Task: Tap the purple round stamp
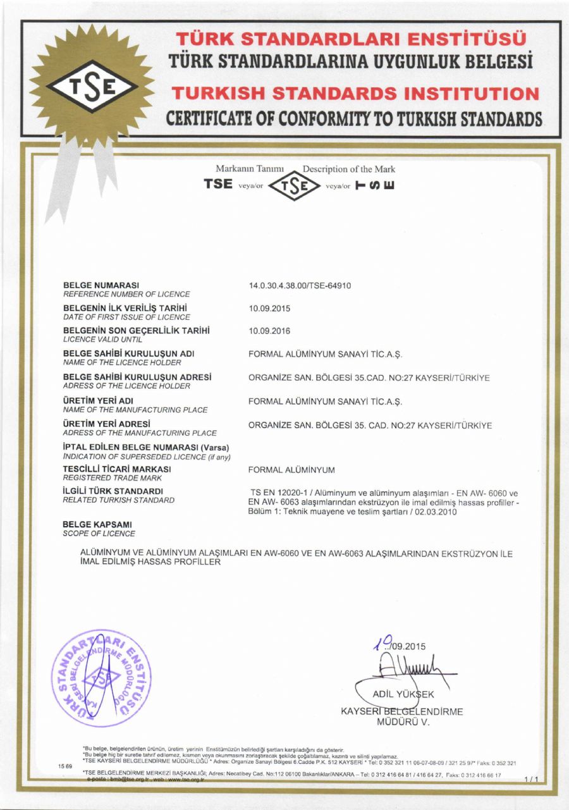[x=101, y=678]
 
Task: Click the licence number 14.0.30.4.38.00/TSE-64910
[x=300, y=286]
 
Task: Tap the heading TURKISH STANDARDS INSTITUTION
[x=355, y=94]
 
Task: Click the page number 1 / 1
[x=532, y=780]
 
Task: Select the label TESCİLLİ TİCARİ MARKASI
[x=117, y=469]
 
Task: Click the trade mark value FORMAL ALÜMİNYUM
[x=291, y=470]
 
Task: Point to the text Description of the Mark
[x=349, y=169]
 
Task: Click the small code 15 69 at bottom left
[x=64, y=766]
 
